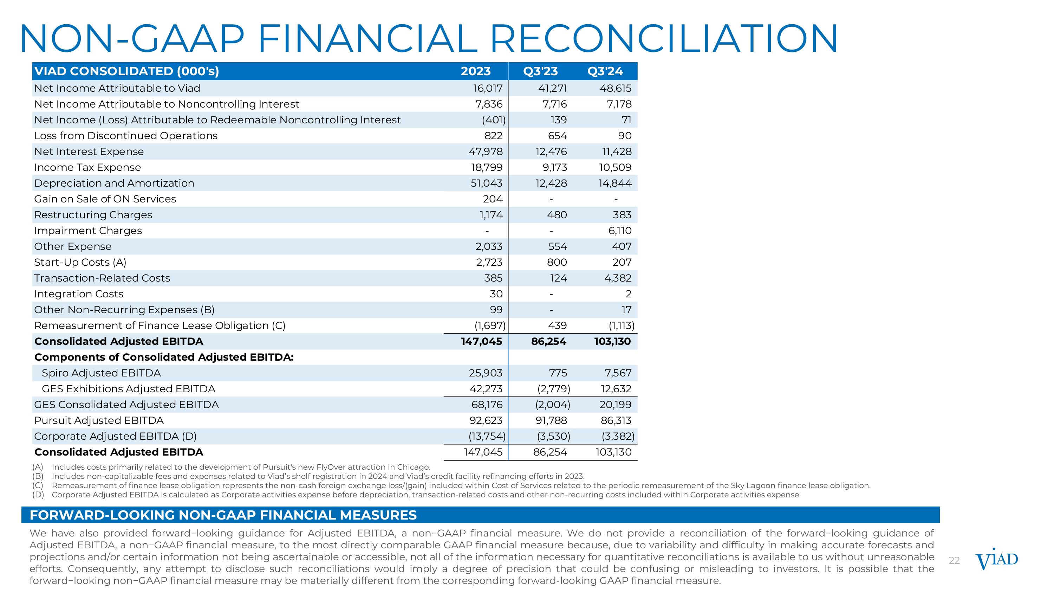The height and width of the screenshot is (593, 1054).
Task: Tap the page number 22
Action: tap(954, 561)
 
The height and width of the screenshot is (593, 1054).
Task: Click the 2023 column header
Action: tap(475, 71)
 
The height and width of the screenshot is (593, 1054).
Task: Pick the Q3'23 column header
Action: tap(540, 71)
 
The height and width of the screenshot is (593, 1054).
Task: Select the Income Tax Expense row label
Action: tap(87, 167)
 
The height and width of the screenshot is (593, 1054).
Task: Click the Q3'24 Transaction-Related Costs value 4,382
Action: tap(618, 278)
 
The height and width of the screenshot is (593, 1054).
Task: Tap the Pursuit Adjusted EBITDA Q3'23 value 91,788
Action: tap(551, 421)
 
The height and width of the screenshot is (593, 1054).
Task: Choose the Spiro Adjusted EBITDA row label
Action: tap(101, 373)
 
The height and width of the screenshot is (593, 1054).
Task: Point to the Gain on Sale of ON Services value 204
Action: tap(493, 199)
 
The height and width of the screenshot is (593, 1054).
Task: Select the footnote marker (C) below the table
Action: tap(38, 486)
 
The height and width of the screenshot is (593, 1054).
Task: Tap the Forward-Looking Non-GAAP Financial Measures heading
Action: tap(223, 515)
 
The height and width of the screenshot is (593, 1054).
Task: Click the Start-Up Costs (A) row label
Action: tap(80, 262)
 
